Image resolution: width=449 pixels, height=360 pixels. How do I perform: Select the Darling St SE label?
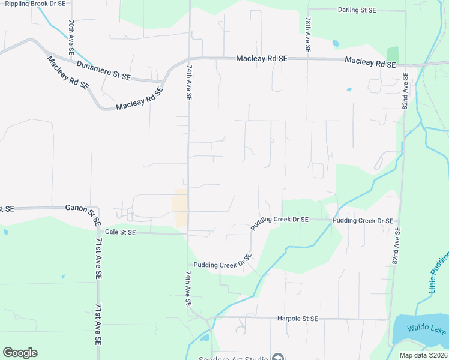[357, 10]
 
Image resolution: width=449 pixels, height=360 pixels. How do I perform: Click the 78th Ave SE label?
[307, 37]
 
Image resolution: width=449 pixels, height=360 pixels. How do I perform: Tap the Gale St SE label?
[120, 232]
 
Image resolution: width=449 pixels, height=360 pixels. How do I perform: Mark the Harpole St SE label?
[298, 319]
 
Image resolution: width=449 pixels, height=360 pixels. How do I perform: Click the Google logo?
[20, 353]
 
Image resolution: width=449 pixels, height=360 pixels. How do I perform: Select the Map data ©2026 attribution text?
[423, 355]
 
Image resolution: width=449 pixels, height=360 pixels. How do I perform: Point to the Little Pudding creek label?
[439, 273]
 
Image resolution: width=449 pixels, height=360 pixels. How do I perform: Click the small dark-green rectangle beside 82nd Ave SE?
[393, 54]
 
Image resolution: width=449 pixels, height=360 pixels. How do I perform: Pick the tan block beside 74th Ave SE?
[180, 208]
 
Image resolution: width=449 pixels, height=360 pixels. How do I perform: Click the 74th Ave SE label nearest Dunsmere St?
[188, 83]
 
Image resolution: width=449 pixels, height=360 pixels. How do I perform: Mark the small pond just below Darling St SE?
[335, 43]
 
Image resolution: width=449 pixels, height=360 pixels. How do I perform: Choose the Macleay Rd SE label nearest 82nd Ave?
[370, 62]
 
